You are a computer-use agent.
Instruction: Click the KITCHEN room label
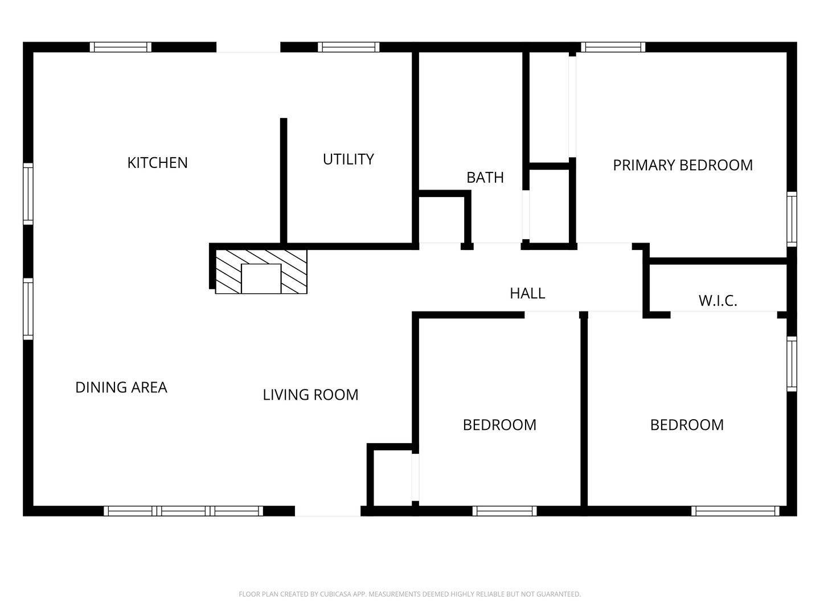(x=157, y=163)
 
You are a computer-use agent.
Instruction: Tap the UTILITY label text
(x=348, y=159)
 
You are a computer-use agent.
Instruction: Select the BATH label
(x=485, y=178)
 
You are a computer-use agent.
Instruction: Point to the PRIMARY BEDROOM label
(x=683, y=165)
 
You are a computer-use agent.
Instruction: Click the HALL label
(x=527, y=293)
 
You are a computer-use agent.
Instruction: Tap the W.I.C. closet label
(x=717, y=301)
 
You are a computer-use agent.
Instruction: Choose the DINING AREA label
(x=121, y=388)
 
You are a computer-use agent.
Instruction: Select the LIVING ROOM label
(x=310, y=395)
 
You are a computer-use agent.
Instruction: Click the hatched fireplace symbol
(x=261, y=272)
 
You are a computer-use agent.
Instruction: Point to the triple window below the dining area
(x=183, y=511)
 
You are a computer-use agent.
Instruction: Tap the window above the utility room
(x=348, y=47)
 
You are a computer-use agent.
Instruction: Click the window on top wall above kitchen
(x=121, y=47)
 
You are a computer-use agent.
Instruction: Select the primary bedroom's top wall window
(x=613, y=47)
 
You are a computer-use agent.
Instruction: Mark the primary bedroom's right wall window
(x=792, y=219)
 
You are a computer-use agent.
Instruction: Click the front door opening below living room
(x=327, y=511)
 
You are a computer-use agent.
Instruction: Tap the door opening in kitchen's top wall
(x=248, y=47)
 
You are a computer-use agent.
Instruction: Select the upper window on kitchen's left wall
(x=28, y=194)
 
